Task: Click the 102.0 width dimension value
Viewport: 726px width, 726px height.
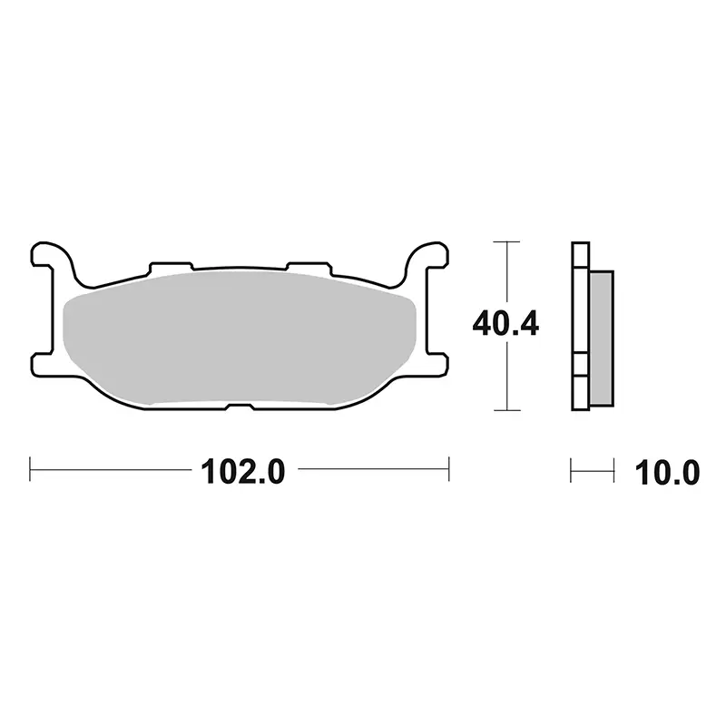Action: click(242, 471)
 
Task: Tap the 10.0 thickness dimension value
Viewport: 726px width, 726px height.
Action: click(667, 473)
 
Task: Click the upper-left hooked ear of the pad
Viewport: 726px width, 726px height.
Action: click(52, 260)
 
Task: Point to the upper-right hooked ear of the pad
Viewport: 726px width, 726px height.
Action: click(427, 260)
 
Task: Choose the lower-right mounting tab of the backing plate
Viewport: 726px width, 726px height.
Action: click(437, 364)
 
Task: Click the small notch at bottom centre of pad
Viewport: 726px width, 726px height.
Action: click(240, 407)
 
